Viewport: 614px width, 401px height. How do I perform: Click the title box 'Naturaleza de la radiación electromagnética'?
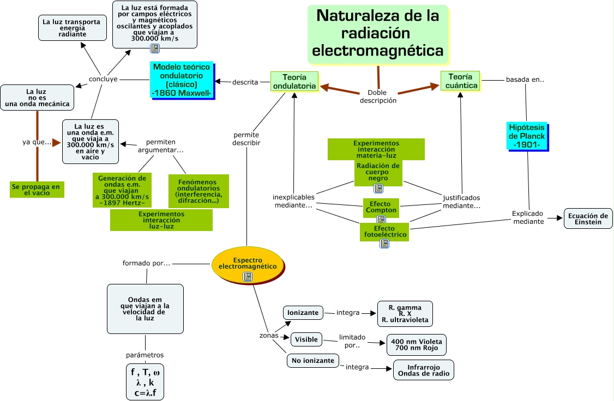tap(378, 34)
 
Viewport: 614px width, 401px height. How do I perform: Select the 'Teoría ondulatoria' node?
tap(294, 81)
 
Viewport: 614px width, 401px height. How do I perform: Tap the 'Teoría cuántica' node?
tap(461, 81)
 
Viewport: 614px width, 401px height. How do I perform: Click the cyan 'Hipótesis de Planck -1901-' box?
tap(527, 136)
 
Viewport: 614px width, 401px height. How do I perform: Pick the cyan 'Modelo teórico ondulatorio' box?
tap(182, 80)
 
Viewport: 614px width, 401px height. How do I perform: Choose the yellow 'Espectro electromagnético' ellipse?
tap(248, 265)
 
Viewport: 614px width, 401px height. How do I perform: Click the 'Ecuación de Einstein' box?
tap(588, 218)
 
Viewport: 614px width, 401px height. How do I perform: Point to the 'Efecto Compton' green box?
tap(381, 207)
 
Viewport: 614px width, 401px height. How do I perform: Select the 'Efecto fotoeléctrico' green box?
tap(384, 232)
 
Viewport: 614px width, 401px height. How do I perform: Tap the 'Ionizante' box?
tap(303, 313)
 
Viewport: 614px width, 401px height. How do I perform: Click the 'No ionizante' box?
tap(313, 360)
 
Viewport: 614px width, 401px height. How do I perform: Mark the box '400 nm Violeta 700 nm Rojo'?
tap(416, 345)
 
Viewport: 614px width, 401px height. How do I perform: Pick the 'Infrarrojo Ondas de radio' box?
tap(424, 370)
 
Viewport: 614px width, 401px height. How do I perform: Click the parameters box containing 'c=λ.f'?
tap(145, 382)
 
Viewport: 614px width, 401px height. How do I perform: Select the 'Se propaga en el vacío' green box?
tap(37, 190)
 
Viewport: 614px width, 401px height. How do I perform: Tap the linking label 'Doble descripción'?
tap(378, 96)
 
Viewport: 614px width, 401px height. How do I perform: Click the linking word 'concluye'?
tap(103, 79)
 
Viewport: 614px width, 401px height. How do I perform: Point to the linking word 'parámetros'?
tap(145, 355)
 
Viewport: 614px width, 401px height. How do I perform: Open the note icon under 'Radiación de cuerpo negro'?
tap(378, 189)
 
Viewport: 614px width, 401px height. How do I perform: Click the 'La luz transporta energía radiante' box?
tap(73, 28)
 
